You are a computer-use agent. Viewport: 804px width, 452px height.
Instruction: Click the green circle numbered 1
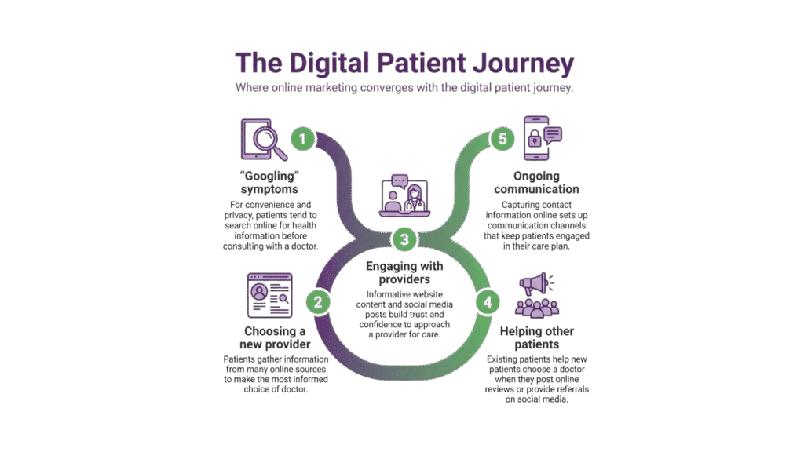[303, 139]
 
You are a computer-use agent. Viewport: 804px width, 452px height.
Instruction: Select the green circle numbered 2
[317, 300]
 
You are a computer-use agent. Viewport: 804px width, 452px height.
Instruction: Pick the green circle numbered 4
[486, 300]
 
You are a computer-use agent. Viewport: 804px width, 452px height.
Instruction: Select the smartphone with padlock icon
[535, 140]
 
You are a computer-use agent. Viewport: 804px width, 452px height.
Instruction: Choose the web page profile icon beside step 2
[269, 295]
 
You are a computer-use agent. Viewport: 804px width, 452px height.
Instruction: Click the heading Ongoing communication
[536, 182]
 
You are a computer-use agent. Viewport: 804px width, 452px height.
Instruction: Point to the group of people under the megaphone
[536, 306]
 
